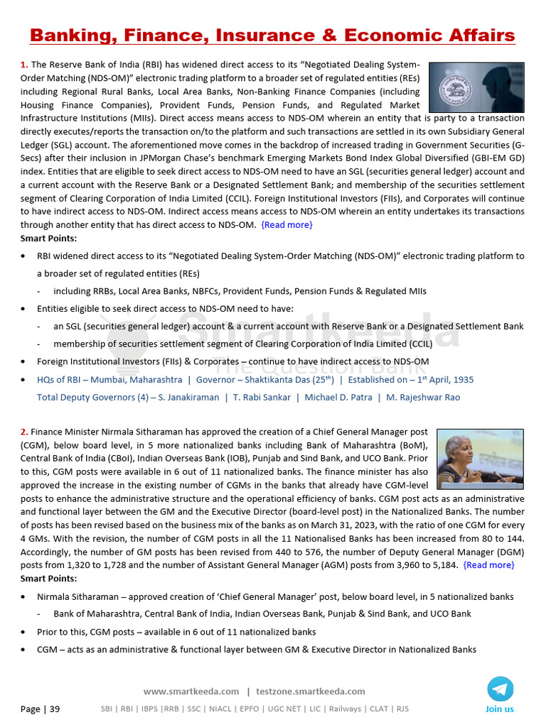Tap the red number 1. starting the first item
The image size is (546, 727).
tap(24, 65)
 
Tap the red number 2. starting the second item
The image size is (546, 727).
tap(24, 432)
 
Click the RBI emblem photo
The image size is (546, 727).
tap(476, 87)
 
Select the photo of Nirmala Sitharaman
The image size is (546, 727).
tap(480, 456)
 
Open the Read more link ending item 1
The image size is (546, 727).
tap(287, 225)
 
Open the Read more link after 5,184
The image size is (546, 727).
tap(488, 565)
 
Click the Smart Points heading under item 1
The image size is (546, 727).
tap(48, 239)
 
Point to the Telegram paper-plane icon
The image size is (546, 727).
tap(500, 689)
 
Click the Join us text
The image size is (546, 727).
tap(499, 709)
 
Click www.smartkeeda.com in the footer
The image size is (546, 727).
tap(191, 692)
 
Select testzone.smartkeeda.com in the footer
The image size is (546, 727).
tap(310, 692)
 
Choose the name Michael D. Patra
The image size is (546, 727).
tap(338, 398)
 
